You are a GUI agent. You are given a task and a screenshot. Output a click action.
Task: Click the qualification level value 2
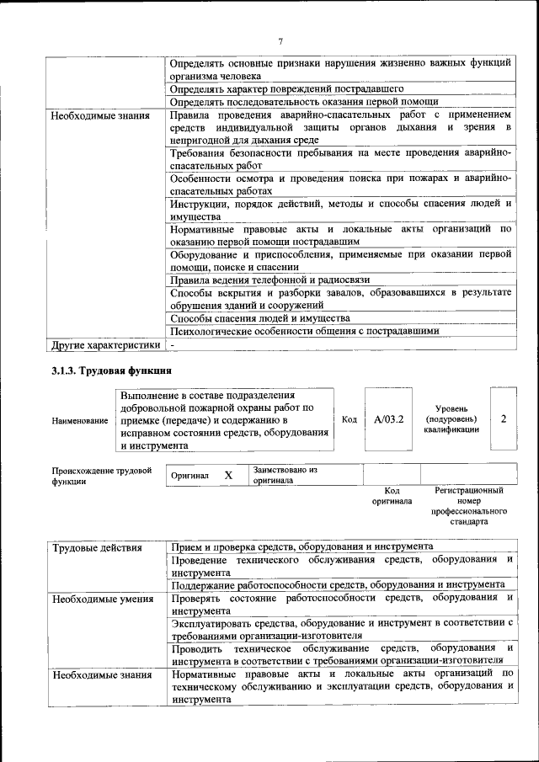pyautogui.click(x=503, y=418)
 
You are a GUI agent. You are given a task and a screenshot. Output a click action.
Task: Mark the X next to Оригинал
pyautogui.click(x=228, y=475)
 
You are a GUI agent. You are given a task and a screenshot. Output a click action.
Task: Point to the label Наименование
pyautogui.click(x=79, y=419)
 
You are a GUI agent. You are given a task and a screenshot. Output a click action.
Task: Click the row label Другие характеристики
pyautogui.click(x=104, y=344)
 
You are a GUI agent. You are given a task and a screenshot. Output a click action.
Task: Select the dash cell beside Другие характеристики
pyautogui.click(x=172, y=344)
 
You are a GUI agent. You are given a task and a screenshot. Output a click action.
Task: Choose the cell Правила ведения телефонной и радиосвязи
pyautogui.click(x=269, y=279)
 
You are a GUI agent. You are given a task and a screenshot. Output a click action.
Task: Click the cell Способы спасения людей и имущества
pyautogui.click(x=259, y=318)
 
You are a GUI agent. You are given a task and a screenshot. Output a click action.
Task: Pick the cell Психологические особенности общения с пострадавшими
pyautogui.click(x=304, y=331)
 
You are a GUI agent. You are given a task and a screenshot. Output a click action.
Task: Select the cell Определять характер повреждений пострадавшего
pyautogui.click(x=286, y=88)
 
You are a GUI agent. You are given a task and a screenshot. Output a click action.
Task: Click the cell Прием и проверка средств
pyautogui.click(x=302, y=547)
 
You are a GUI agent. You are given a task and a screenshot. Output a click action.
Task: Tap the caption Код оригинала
pyautogui.click(x=392, y=496)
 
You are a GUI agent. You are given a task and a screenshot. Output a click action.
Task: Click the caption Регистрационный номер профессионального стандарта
pyautogui.click(x=468, y=505)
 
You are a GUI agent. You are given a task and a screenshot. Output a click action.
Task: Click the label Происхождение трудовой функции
pyautogui.click(x=101, y=475)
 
